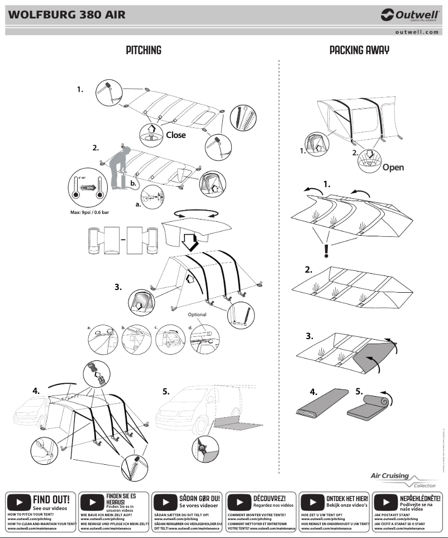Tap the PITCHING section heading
tap(144, 50)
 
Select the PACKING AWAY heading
tap(359, 50)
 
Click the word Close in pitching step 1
tap(175, 135)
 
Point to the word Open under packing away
tap(393, 167)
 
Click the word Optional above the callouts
tap(197, 315)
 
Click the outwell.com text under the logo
tap(417, 32)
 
